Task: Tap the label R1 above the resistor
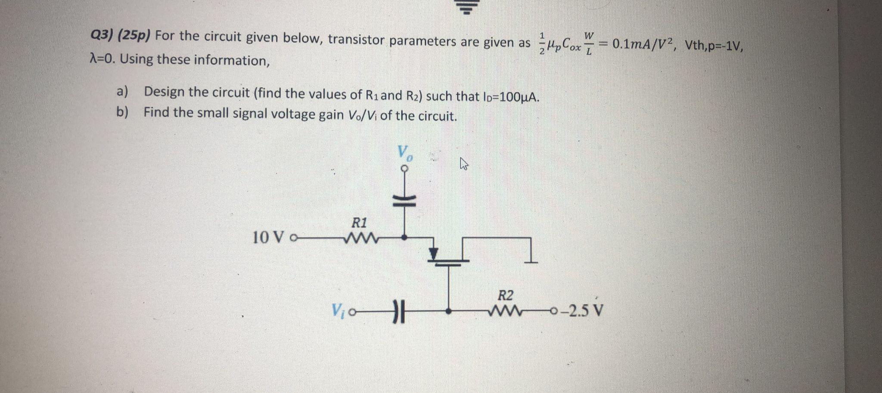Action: click(360, 223)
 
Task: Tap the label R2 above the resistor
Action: click(506, 296)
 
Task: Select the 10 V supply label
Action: click(269, 237)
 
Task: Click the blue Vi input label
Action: click(339, 309)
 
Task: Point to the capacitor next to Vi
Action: click(398, 310)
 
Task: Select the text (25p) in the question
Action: click(134, 36)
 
